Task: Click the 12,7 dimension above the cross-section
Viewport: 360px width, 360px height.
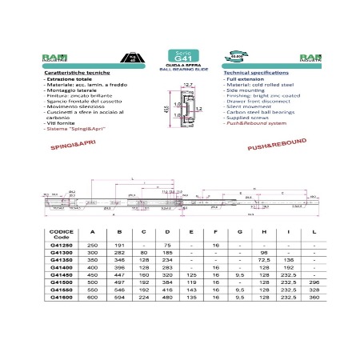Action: (189, 85)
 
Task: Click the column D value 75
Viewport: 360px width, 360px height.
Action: (168, 245)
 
